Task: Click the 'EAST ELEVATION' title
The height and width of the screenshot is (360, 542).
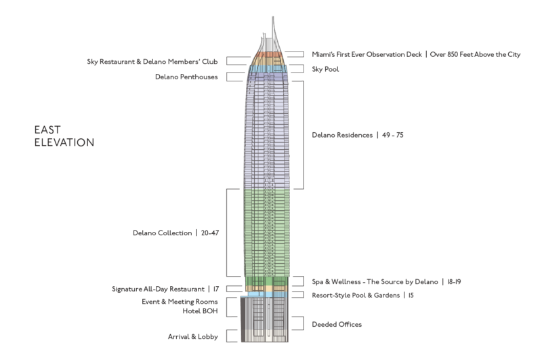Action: [64, 135]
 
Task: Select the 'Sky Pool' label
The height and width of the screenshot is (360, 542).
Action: [325, 69]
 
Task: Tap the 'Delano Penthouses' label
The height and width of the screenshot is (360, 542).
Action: [186, 77]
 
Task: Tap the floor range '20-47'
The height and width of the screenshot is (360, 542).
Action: [211, 233]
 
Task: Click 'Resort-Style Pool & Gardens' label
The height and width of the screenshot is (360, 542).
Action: [356, 295]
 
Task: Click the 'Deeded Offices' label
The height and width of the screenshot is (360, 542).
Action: [336, 324]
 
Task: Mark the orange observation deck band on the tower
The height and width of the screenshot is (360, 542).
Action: [268, 54]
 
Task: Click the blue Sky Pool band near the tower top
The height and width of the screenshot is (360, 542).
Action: [268, 69]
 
